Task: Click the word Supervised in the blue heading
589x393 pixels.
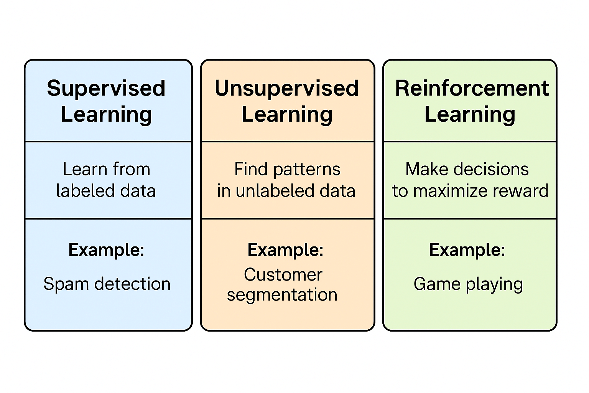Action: [106, 89]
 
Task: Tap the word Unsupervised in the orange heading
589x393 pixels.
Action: [287, 89]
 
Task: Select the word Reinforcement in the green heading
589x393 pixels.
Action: [472, 89]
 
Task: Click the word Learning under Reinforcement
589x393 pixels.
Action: [470, 115]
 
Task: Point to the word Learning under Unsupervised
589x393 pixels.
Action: [287, 115]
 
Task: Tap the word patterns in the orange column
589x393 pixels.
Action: [307, 170]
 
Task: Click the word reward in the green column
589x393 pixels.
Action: [525, 191]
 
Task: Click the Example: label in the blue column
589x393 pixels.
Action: [106, 250]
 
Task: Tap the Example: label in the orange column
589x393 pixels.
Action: [285, 250]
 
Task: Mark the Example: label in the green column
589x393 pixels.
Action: [467, 250]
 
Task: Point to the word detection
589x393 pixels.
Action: [133, 284]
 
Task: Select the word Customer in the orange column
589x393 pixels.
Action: [283, 275]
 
